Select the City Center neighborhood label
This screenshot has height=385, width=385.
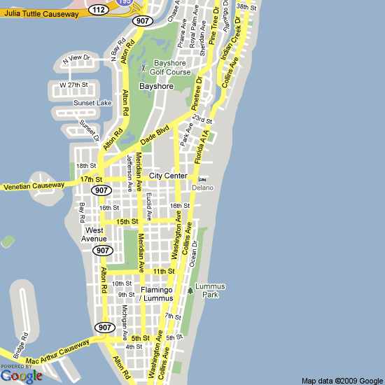point(168,175)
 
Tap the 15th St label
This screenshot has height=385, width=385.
point(128,222)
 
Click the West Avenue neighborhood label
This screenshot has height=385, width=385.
point(94,234)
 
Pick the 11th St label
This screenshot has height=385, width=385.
point(163,271)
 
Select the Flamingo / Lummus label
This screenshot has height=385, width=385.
point(156,294)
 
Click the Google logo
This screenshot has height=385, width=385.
point(22,375)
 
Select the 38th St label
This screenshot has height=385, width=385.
point(245,7)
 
